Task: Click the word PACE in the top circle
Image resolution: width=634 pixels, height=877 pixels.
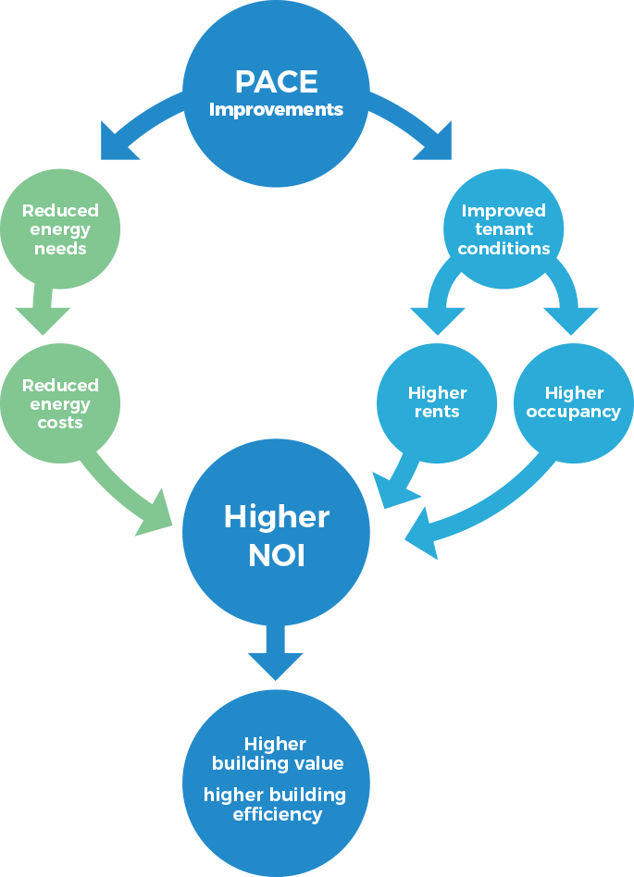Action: [x=276, y=81]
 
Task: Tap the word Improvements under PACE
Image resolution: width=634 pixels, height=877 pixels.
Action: [x=276, y=110]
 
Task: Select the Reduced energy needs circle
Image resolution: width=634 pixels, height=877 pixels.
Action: [x=60, y=229]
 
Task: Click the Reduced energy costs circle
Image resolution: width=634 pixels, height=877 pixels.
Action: [x=60, y=403]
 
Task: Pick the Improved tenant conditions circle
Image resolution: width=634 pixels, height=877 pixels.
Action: [x=503, y=229]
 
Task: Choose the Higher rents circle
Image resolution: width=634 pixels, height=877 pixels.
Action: [x=437, y=402]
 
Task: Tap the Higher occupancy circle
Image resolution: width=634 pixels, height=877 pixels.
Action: [x=573, y=402]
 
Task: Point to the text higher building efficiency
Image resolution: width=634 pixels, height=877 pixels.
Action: [x=275, y=804]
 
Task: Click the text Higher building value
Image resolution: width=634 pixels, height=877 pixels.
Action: [x=277, y=754]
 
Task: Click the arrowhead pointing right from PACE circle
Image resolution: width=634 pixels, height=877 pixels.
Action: [x=434, y=143]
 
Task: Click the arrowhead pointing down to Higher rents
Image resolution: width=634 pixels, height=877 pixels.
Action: [x=437, y=319]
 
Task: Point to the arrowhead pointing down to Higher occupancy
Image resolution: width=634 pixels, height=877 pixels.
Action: [x=570, y=319]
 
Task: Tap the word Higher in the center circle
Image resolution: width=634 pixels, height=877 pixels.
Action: [x=276, y=517]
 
